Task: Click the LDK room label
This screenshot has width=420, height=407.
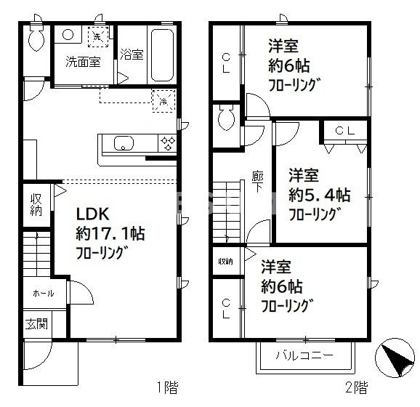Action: coord(93,214)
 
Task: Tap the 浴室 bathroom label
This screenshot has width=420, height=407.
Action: coord(132,54)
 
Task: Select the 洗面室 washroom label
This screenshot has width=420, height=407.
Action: coord(82,62)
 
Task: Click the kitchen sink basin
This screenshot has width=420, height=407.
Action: coord(123,142)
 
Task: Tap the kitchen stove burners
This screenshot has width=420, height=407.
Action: coord(167,142)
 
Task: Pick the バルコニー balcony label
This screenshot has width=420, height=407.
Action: coord(304,356)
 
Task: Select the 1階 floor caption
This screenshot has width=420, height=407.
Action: coord(166,387)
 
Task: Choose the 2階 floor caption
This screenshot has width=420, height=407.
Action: coord(355,387)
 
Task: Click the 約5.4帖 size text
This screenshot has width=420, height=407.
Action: coord(320,196)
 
